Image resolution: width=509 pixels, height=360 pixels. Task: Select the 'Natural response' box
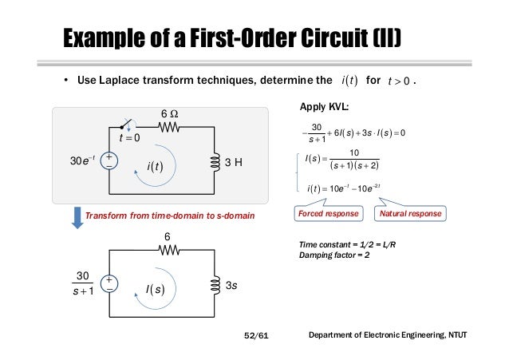tap(409, 214)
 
